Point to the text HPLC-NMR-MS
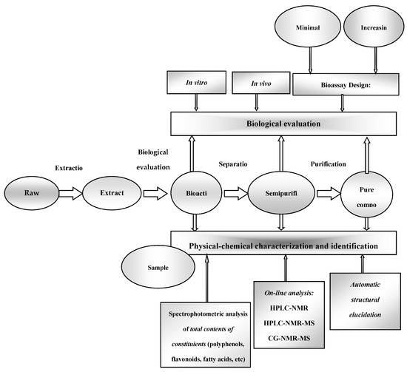pos(283,324)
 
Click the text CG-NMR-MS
pos(283,339)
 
